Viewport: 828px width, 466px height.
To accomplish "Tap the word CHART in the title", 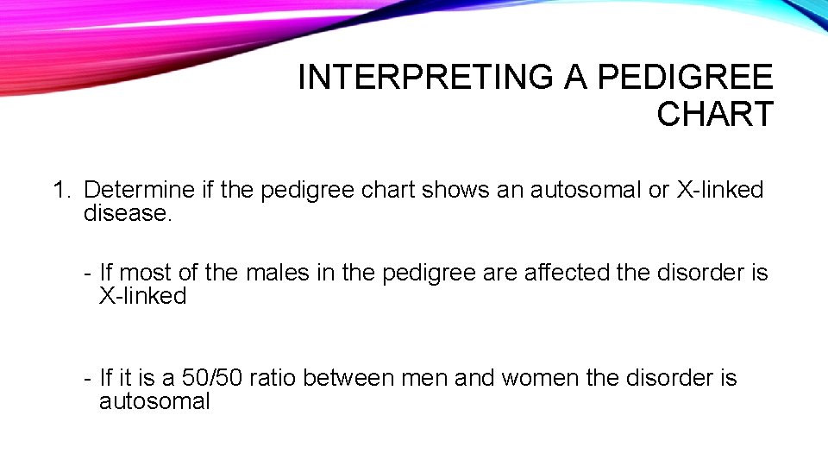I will pyautogui.click(x=714, y=115).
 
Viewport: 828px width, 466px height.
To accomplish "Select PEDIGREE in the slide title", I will pyautogui.click(x=685, y=79).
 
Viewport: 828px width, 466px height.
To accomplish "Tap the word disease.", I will pyautogui.click(x=128, y=212).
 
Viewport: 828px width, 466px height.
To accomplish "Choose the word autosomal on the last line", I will pyautogui.click(x=154, y=401).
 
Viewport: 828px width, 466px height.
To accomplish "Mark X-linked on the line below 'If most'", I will pyautogui.click(x=142, y=296).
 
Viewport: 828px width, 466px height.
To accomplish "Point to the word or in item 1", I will pyautogui.click(x=658, y=190).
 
